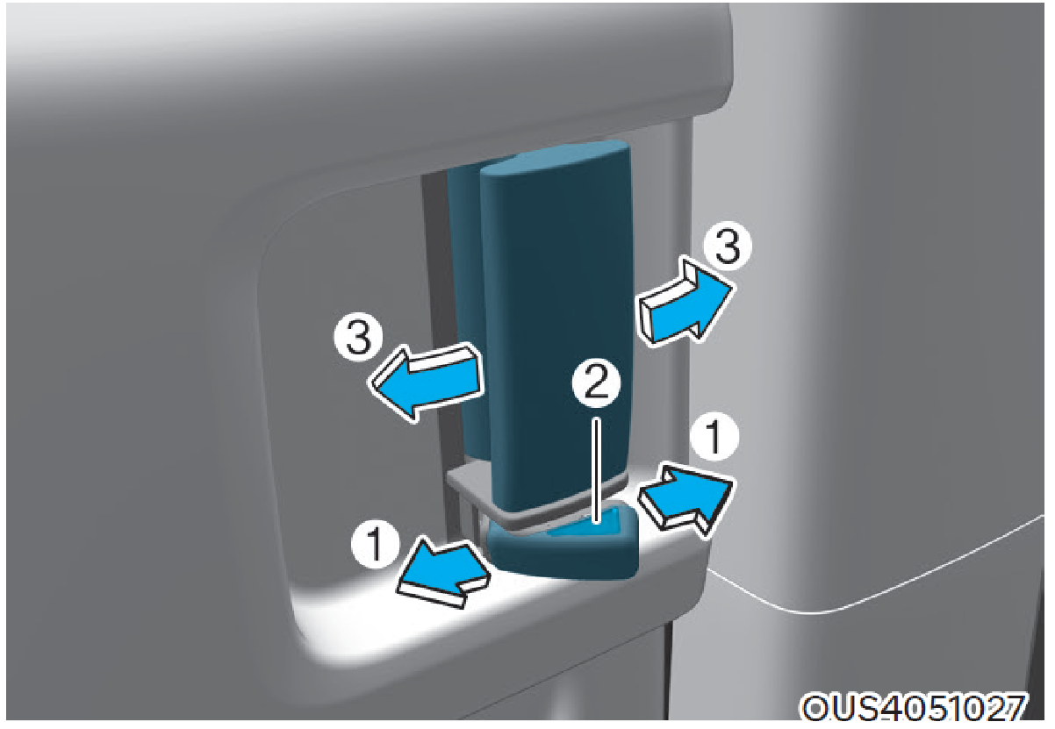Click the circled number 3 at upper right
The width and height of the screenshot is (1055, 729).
[x=728, y=246]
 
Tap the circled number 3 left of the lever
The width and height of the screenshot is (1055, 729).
[x=359, y=337]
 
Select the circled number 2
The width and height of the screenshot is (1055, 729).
[x=597, y=383]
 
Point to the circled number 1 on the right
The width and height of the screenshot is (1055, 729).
[x=714, y=436]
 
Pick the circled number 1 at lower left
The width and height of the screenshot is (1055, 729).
[x=376, y=546]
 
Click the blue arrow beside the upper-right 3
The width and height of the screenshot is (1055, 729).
[x=686, y=302]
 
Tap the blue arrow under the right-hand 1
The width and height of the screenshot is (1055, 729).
[x=686, y=501]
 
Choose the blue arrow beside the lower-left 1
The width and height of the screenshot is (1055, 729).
[x=442, y=572]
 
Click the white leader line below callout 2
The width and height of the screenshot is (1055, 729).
[x=597, y=470]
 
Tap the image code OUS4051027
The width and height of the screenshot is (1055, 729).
[x=913, y=707]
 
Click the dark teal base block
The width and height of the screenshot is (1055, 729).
[x=563, y=551]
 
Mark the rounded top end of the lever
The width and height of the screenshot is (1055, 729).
[x=556, y=158]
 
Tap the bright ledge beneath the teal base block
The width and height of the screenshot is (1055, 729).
[x=518, y=607]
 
